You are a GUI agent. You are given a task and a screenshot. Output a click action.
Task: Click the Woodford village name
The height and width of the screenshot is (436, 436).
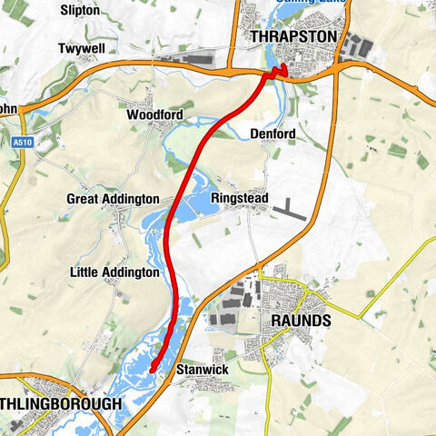pyautogui.click(x=154, y=115)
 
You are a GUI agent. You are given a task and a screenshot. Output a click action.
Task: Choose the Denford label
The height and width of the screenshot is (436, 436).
pyautogui.click(x=272, y=134)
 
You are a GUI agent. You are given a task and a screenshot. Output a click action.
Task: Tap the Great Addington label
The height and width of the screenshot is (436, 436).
pyautogui.click(x=113, y=198)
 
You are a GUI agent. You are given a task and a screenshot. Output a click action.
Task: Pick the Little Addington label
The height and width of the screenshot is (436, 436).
pyautogui.click(x=114, y=272)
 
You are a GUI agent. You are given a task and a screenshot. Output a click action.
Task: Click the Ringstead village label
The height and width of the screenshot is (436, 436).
pyautogui.click(x=240, y=198)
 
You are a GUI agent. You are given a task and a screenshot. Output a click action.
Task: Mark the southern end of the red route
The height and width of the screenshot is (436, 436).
pyautogui.click(x=151, y=369)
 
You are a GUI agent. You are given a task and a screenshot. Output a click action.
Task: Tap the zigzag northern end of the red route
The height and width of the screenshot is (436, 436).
pyautogui.click(x=279, y=72)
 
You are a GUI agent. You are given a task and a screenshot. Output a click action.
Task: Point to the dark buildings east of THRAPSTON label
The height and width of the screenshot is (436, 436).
pyautogui.click(x=358, y=45)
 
